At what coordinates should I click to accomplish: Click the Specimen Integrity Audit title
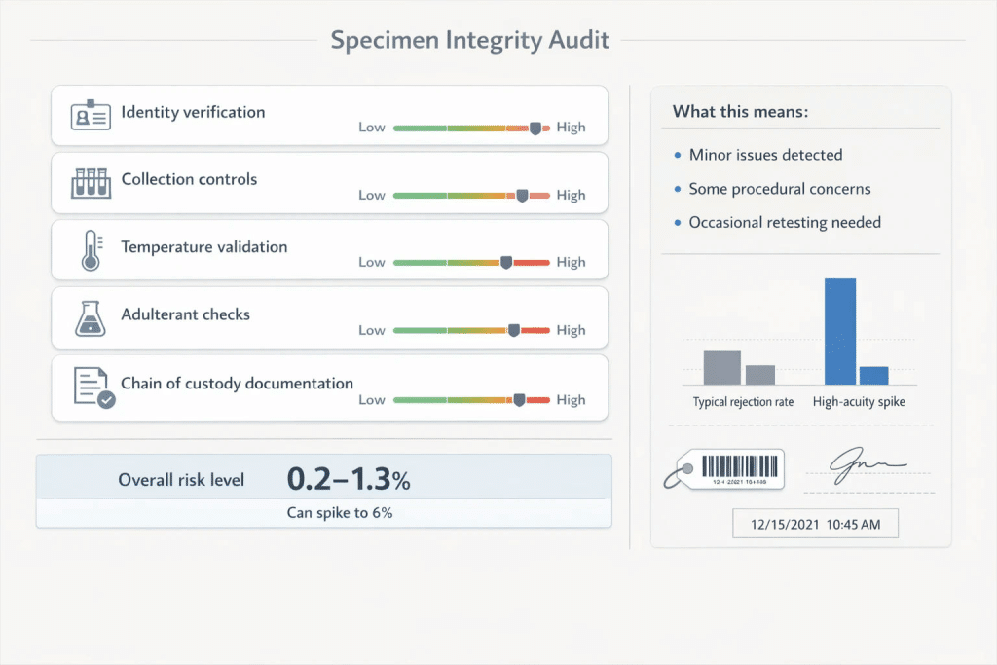coord(470,40)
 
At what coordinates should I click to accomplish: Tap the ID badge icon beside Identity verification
coord(91,115)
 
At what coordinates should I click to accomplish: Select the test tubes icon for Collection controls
coord(91,183)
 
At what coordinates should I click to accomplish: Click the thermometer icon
coord(92,250)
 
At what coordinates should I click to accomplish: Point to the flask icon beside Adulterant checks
coord(91,318)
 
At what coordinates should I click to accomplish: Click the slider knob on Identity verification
coord(535,129)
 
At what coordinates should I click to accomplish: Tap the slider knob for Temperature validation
coord(506,262)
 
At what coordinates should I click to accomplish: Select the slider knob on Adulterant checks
coord(514,330)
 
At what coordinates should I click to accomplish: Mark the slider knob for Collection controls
coord(522,195)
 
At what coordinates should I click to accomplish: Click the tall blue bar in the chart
coord(840,331)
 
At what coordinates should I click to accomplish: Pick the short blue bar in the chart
coord(873,376)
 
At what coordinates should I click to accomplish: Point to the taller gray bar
coord(721,367)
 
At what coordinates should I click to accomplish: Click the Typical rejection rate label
coord(743,402)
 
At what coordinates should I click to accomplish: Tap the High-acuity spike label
coord(859,402)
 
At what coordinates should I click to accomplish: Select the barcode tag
coord(724,469)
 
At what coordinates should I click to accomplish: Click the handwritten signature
coord(867,464)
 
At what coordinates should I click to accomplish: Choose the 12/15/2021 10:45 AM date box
coord(815,524)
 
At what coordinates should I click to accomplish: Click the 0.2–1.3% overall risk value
coord(349,479)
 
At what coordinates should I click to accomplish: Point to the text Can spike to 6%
coord(340,512)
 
